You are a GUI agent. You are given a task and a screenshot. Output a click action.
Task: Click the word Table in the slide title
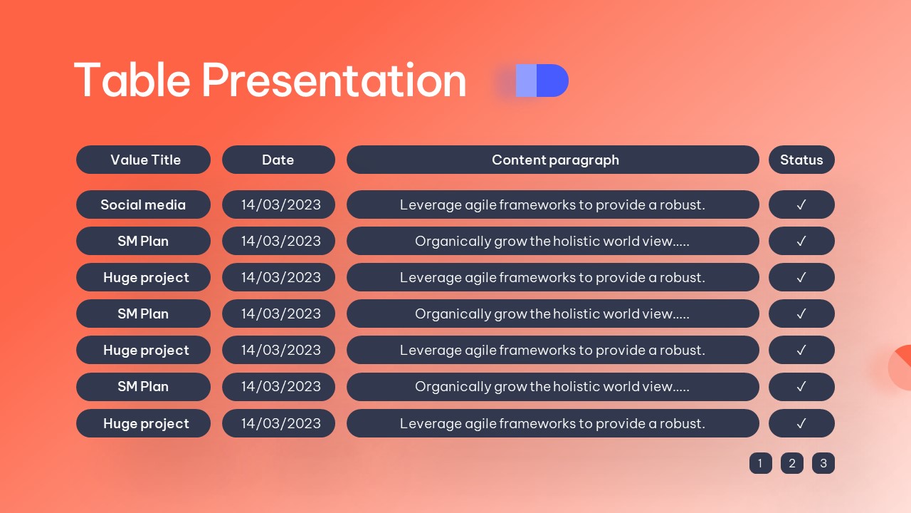tap(132, 81)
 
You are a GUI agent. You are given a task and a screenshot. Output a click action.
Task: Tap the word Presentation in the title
tap(334, 81)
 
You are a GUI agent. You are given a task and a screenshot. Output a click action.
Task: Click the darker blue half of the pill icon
tap(552, 81)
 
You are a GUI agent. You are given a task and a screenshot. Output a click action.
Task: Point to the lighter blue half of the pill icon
tap(526, 81)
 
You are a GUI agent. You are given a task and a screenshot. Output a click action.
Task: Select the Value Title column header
tap(143, 160)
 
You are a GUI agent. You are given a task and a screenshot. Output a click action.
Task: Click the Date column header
tap(278, 160)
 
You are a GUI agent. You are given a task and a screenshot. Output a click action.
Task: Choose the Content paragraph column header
tap(553, 160)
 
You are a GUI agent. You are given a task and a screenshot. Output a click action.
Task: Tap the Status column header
tap(801, 160)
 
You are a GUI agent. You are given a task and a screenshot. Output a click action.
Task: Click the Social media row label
tap(143, 204)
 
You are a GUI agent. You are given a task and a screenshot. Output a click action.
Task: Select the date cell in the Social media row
tap(278, 204)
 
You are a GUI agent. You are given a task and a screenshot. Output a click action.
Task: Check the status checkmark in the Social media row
tap(801, 204)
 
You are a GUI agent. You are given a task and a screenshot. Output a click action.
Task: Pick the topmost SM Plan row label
tap(143, 241)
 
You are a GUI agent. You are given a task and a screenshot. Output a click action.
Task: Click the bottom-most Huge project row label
tap(143, 423)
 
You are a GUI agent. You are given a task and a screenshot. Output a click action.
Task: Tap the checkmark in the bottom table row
tap(801, 423)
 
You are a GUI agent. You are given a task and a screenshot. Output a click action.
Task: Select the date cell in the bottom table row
tap(278, 423)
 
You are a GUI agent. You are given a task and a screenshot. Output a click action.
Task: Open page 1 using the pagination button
tap(761, 463)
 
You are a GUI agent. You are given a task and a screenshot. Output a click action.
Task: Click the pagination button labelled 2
tap(792, 463)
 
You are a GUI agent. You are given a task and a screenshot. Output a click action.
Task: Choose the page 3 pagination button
tap(823, 463)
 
